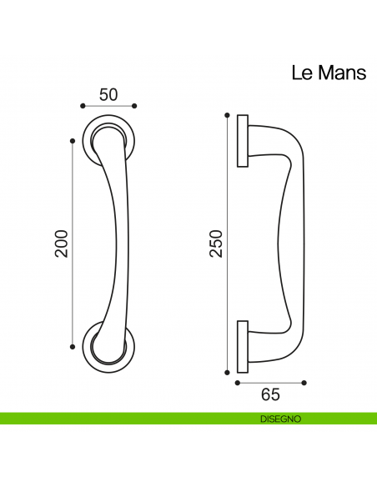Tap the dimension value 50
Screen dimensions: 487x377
[108, 94]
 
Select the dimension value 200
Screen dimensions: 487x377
[61, 243]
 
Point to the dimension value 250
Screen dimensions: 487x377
[216, 243]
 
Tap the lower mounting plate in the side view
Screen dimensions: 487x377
[242, 344]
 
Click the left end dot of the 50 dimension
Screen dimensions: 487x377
[83, 106]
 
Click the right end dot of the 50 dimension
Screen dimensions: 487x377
[135, 106]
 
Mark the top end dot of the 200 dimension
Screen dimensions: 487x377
[73, 142]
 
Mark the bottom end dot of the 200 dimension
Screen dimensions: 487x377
[73, 346]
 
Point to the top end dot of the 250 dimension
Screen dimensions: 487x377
[227, 114]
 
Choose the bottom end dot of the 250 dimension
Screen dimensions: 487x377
[227, 372]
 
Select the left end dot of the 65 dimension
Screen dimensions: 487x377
[238, 383]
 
